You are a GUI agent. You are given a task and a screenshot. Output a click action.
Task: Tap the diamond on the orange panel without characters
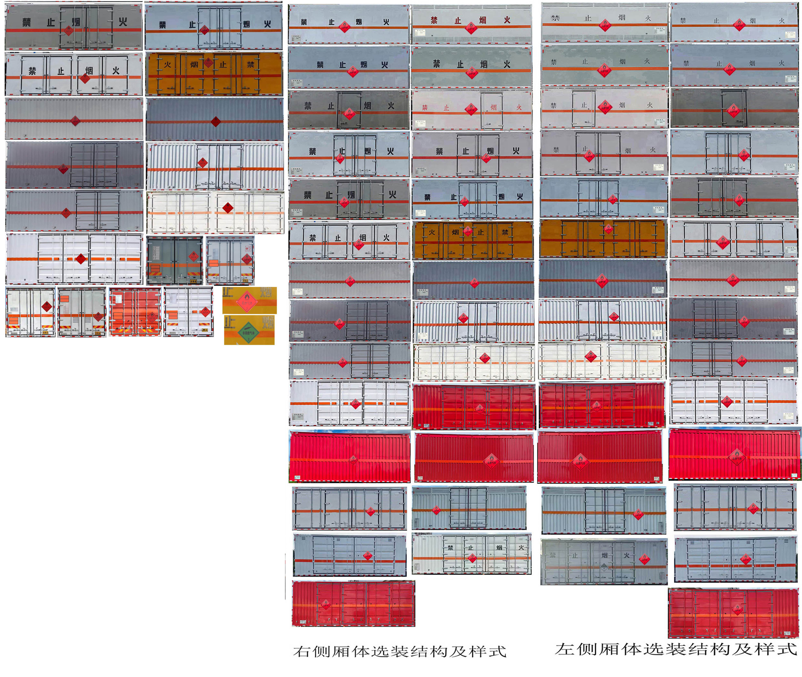tap(608, 229)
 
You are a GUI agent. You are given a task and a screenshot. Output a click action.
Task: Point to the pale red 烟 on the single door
tap(494, 107)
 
